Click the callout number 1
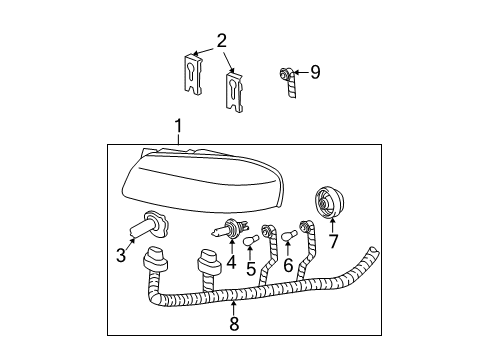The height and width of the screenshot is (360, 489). [179, 126]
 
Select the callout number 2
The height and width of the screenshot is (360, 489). [222, 41]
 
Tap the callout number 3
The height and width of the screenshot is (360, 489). [121, 256]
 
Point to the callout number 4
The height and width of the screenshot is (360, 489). [231, 262]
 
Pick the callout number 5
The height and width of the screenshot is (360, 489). [251, 269]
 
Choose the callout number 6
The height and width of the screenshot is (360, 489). [288, 265]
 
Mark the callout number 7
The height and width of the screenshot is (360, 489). [333, 241]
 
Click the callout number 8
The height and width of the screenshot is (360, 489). [234, 323]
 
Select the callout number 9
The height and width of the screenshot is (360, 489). [315, 72]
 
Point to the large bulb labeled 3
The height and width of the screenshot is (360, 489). [149, 226]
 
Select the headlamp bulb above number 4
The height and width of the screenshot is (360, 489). [231, 228]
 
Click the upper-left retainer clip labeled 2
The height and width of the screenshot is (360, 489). [193, 74]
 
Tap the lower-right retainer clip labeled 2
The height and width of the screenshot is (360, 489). [235, 91]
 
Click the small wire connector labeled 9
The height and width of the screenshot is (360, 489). [289, 82]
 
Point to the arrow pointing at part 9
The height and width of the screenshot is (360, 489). [300, 72]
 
